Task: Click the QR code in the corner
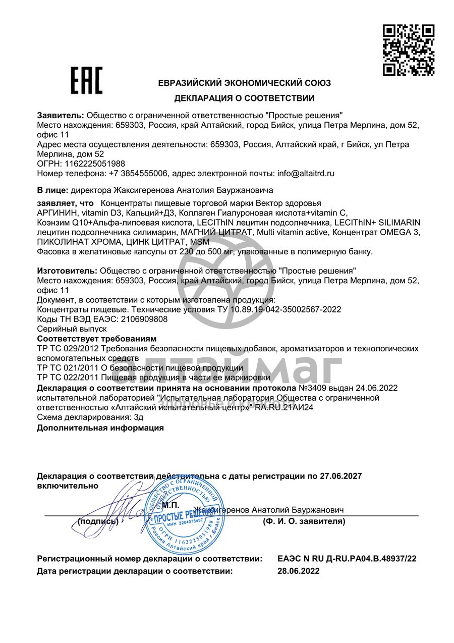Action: click(409, 49)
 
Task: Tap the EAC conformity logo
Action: click(86, 81)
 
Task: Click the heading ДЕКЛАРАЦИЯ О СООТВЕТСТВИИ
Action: click(244, 98)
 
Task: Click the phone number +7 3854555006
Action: click(138, 173)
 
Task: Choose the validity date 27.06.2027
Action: click(341, 476)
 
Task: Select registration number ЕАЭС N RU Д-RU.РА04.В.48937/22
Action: click(347, 559)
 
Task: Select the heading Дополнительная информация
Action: click(100, 427)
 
